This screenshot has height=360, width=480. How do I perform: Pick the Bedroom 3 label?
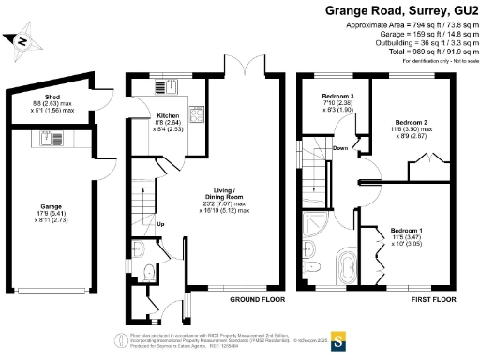[338, 97]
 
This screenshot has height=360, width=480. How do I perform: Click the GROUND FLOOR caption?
[257, 300]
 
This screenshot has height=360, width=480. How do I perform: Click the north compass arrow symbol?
[19, 40]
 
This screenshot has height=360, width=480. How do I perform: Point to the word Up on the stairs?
[160, 224]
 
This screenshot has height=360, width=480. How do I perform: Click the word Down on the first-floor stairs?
[341, 148]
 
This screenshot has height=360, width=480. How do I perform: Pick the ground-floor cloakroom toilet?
[150, 272]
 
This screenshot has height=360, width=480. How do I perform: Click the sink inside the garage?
[45, 139]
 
